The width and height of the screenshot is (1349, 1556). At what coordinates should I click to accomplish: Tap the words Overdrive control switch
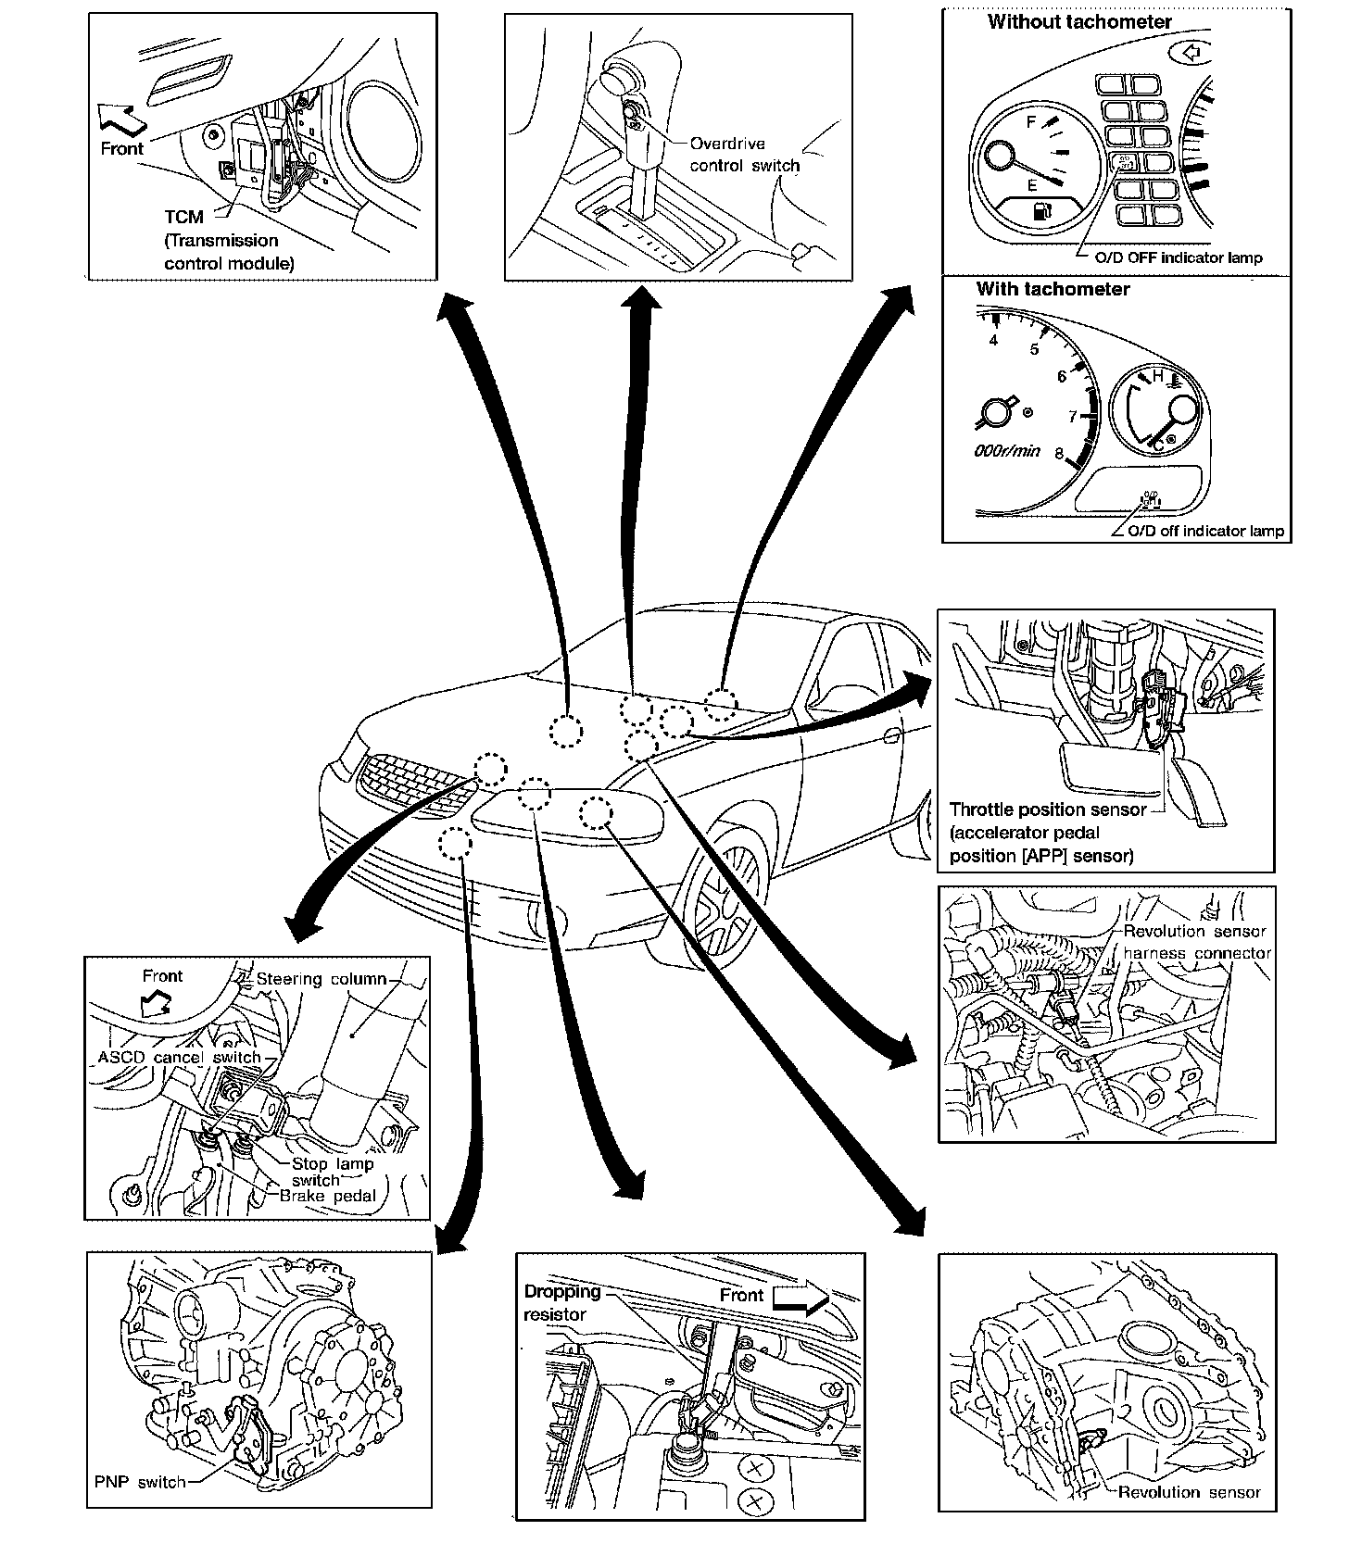click(744, 155)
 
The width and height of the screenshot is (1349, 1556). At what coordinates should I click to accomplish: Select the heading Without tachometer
click(1079, 22)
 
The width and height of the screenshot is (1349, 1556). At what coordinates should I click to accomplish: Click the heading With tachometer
click(1053, 289)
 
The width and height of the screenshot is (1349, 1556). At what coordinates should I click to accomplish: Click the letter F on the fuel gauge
click(1031, 122)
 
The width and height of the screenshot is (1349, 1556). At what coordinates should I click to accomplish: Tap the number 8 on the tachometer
click(1058, 454)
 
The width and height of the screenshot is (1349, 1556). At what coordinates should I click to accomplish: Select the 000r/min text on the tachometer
click(1007, 451)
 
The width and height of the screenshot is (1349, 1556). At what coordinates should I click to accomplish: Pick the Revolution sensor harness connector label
click(1195, 942)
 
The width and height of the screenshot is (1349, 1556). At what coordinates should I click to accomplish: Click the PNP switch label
click(140, 1482)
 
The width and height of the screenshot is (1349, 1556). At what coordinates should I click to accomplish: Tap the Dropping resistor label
click(561, 1302)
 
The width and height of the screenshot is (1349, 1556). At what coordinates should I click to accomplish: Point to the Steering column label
click(321, 979)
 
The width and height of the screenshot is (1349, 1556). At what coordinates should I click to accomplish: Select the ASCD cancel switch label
click(180, 1058)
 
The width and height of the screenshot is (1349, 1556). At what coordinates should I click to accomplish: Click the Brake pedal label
click(328, 1196)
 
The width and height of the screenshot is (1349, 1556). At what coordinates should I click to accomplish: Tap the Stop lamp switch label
click(332, 1172)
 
